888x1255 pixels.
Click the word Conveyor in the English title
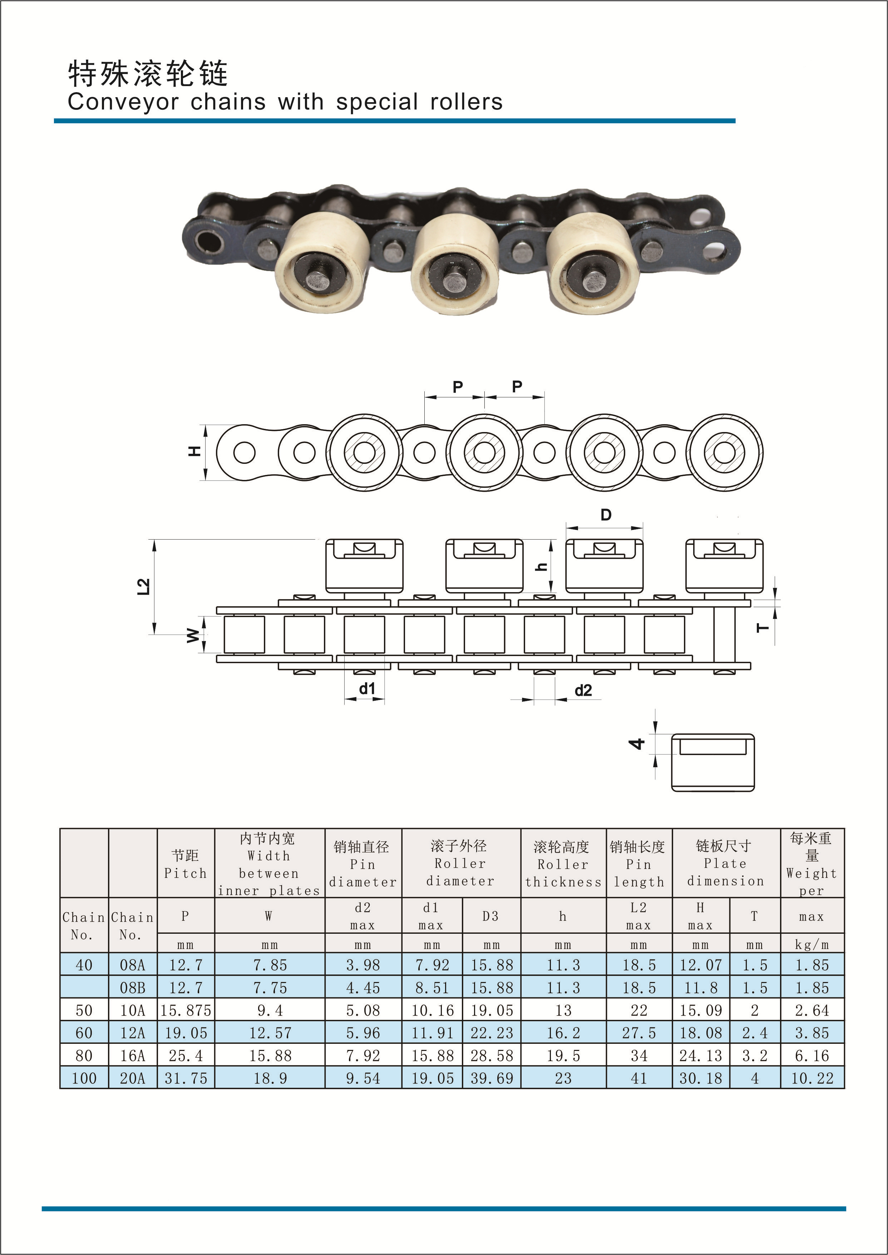(x=123, y=102)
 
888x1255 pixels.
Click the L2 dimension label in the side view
(x=143, y=586)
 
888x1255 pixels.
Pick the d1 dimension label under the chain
(x=367, y=688)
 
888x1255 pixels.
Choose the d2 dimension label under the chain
(x=583, y=690)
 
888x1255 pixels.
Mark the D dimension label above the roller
(x=606, y=515)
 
